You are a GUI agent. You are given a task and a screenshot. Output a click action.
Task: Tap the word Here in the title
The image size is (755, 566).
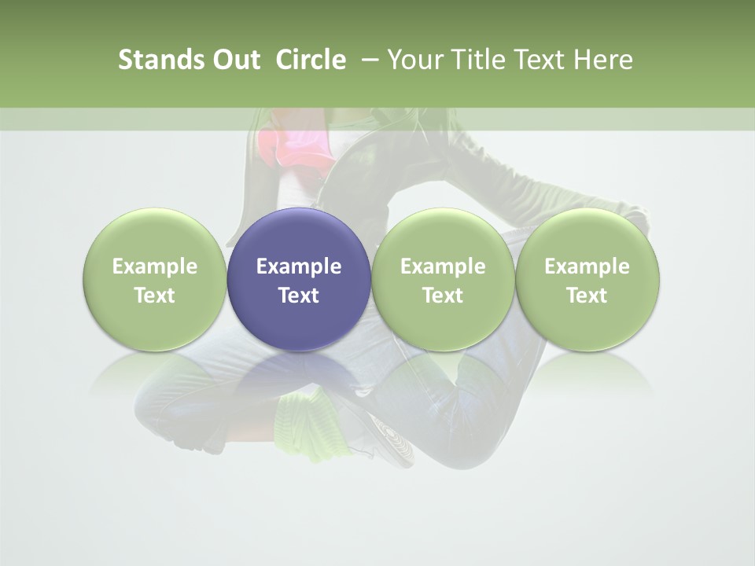pos(604,60)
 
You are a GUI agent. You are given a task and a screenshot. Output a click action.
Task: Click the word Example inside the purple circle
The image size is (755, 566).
pos(299,266)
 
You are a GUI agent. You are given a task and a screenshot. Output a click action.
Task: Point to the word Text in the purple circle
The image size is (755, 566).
pos(299,296)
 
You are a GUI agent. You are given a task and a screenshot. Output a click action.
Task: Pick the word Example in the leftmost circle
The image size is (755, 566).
pos(154,266)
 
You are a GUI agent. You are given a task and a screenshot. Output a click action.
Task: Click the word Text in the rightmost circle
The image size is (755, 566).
pos(587,296)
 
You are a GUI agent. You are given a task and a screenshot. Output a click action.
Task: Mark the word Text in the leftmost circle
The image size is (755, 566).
pos(154,296)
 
